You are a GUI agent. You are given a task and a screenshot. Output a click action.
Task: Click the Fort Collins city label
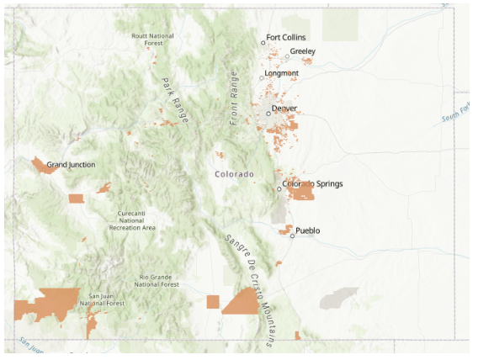[286, 38]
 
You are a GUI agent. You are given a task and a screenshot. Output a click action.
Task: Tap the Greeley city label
[302, 51]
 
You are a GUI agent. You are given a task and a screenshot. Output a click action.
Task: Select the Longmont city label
[281, 73]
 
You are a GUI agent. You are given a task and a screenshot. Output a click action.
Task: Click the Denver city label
[284, 109]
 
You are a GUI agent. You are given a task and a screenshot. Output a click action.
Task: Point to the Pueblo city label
[308, 230]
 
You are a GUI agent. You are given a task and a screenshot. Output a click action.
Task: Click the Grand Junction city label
[71, 165]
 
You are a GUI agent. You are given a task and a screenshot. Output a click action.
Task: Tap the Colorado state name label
[234, 174]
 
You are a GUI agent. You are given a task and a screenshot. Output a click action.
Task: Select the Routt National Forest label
[152, 40]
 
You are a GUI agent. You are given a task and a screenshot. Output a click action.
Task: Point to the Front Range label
[235, 98]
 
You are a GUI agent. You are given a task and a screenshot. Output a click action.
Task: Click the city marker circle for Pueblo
[292, 236]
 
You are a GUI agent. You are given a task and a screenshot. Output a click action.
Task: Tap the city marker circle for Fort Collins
[263, 42]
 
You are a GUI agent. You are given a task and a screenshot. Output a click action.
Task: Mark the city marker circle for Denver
[268, 113]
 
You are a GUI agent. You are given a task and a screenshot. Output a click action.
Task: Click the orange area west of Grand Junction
[41, 164]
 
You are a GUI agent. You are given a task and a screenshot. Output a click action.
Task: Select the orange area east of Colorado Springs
[300, 191]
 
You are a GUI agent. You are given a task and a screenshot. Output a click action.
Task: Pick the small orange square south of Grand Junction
[76, 199]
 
